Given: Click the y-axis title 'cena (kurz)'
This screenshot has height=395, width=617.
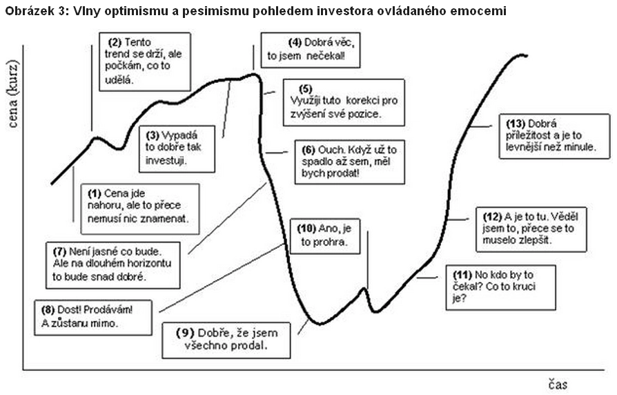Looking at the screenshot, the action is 12,94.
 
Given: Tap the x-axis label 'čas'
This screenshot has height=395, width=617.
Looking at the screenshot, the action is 558,385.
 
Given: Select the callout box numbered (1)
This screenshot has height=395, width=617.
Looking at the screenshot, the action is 140,209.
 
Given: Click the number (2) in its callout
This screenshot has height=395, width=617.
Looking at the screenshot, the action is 115,43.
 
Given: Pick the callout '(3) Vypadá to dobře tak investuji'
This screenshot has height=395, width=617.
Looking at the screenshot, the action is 177,149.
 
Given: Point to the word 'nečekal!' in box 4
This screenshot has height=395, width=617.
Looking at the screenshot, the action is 326,56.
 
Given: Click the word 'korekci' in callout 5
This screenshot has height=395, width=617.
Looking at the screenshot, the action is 362,101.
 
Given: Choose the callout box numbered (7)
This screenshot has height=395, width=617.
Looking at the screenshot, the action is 113,265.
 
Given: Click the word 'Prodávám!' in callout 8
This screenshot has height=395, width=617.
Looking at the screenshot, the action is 108,310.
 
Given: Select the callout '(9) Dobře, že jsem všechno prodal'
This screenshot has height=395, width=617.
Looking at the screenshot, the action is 226,340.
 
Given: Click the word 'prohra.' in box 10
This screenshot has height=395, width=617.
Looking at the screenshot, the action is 324,242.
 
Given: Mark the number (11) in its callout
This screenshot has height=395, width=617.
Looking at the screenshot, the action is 462,275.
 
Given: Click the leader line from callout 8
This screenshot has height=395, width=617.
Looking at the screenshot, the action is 222,278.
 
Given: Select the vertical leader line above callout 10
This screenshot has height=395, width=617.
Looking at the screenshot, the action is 368,260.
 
